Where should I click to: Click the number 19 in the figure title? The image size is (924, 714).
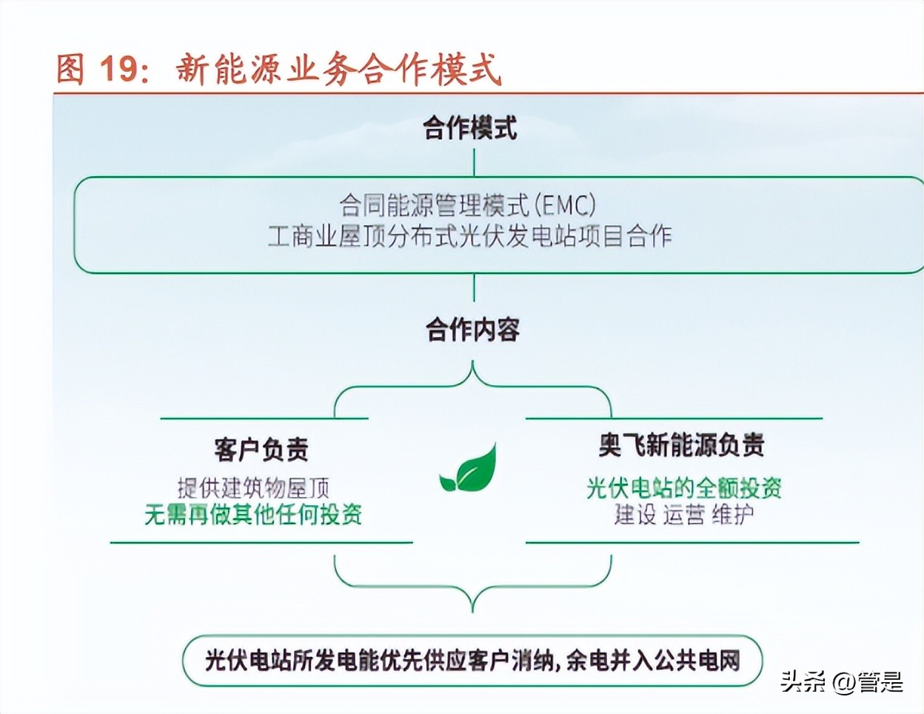[118, 69]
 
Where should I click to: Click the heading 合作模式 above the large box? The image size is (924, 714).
[470, 128]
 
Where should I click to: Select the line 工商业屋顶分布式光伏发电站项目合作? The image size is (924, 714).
[469, 236]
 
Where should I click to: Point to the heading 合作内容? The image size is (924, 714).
[472, 330]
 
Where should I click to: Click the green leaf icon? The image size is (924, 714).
[469, 468]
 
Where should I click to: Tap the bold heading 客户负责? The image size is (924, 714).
[261, 449]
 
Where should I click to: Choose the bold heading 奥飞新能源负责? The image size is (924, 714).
[681, 445]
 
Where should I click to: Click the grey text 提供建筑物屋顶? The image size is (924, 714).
[253, 487]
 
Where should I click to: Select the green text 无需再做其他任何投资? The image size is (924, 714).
[253, 514]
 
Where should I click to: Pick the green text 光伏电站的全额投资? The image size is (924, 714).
[683, 487]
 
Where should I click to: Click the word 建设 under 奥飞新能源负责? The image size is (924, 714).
[635, 514]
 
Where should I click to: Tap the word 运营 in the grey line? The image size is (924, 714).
[683, 514]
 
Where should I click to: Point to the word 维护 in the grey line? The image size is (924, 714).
[732, 514]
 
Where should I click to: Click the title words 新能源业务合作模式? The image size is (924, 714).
[338, 69]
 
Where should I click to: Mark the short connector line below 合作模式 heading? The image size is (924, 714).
[474, 161]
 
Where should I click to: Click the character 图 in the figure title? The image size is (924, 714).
[70, 69]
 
